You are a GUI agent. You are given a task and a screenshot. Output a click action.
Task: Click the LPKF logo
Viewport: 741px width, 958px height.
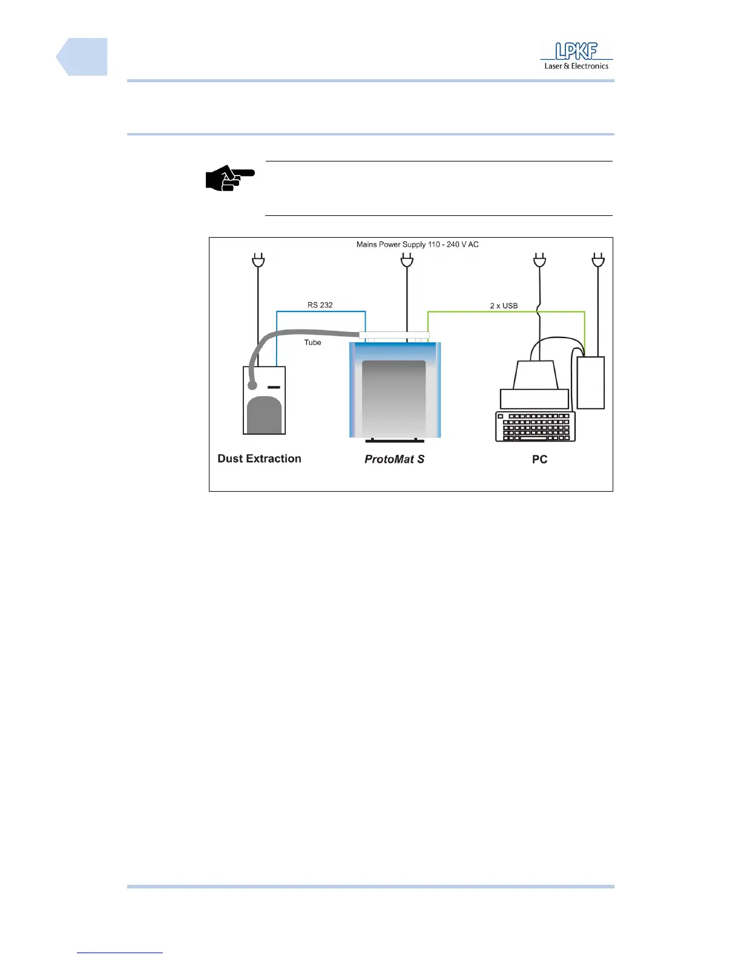click(576, 56)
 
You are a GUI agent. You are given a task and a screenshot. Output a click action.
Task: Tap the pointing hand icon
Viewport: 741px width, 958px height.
click(229, 178)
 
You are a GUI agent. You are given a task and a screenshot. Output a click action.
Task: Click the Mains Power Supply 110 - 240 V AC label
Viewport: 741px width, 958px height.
click(417, 244)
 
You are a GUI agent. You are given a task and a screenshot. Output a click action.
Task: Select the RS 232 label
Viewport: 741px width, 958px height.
click(320, 305)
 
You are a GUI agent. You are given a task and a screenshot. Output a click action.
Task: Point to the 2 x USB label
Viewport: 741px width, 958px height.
click(504, 305)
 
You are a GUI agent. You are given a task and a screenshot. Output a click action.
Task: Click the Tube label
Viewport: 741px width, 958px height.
click(312, 342)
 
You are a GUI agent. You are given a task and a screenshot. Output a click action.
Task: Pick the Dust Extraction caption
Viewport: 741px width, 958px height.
click(259, 458)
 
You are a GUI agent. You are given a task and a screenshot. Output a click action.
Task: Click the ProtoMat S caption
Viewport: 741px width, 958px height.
click(394, 460)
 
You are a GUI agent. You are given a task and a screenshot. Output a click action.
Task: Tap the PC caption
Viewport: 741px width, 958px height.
click(539, 460)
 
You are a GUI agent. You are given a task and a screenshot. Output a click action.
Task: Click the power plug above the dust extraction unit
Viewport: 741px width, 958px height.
click(259, 261)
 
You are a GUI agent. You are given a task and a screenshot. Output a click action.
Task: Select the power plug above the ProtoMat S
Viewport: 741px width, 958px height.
click(407, 261)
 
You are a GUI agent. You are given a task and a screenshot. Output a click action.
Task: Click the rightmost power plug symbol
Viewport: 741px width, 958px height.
click(598, 261)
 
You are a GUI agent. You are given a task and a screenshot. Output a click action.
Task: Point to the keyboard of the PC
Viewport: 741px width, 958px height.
click(535, 426)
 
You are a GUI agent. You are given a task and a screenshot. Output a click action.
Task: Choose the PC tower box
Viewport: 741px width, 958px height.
click(591, 383)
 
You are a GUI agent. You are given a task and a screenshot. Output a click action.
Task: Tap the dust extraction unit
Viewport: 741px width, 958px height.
click(264, 400)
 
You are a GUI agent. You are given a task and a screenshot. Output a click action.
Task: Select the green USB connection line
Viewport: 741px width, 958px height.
click(506, 312)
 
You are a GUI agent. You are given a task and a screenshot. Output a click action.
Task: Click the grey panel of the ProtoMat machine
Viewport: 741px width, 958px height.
click(394, 396)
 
